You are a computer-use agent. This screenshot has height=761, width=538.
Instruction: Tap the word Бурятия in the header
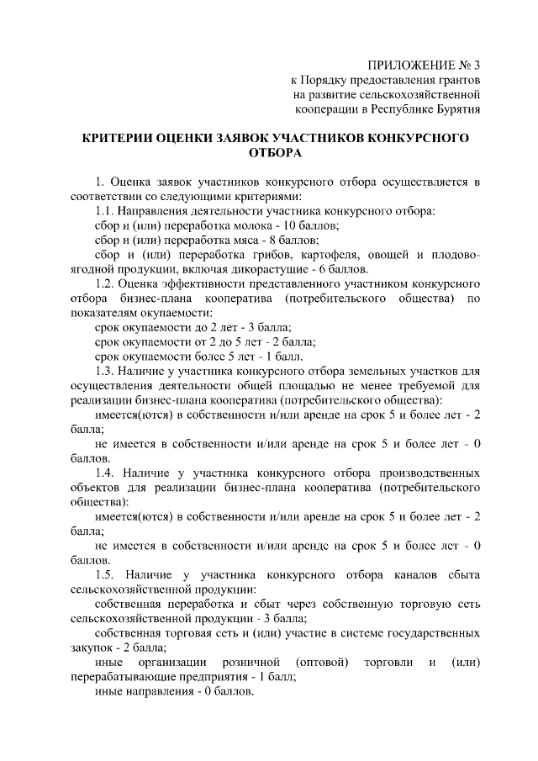coord(456,109)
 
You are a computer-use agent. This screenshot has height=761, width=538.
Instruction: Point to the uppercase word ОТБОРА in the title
coord(276,154)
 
